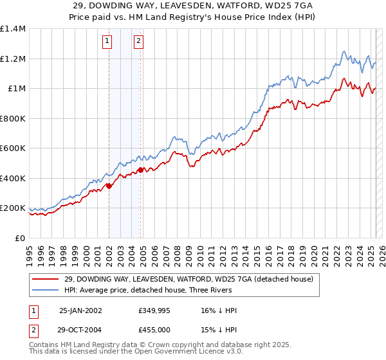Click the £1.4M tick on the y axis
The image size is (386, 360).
click(14, 29)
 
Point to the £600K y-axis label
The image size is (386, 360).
click(13, 148)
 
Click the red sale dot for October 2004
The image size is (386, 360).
click(141, 170)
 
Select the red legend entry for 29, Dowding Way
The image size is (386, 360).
click(188, 278)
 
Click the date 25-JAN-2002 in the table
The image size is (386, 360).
click(80, 310)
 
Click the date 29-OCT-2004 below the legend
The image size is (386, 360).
click(80, 329)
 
